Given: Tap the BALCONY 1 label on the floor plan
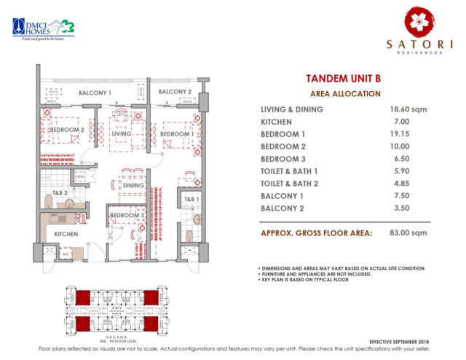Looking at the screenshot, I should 95,93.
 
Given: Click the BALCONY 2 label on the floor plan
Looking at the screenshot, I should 175,92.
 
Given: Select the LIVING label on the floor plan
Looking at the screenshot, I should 122,135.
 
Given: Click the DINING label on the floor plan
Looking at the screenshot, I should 133,186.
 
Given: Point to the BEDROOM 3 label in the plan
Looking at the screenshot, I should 127,216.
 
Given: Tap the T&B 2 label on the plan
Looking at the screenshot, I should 60,193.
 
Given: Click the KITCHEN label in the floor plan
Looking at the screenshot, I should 66,234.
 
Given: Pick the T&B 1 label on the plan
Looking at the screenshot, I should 190,199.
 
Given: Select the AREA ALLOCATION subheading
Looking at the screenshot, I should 345,94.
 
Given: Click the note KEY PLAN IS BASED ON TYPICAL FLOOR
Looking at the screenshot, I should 304,280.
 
